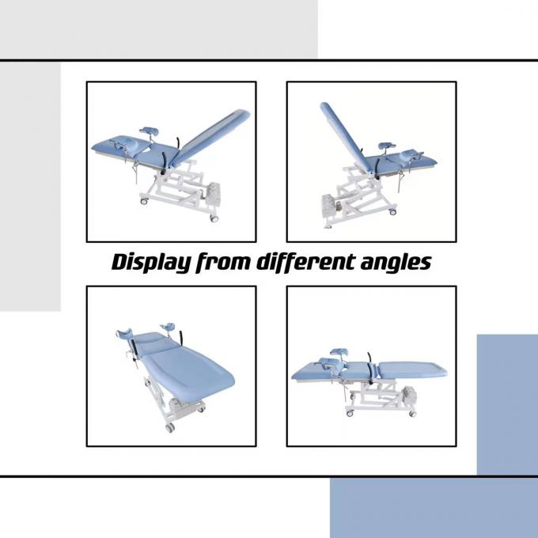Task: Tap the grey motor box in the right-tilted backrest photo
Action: tap(213, 193)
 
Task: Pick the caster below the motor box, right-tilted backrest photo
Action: tap(214, 218)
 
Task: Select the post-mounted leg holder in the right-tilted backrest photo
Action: tap(150, 131)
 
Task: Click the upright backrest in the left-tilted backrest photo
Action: tap(345, 137)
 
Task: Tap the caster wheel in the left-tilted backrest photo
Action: tap(393, 211)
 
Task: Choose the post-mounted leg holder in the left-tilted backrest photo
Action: tap(387, 147)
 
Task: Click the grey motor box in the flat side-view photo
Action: tap(410, 396)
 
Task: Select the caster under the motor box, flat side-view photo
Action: tap(412, 414)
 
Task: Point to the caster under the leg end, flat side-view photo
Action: tap(350, 414)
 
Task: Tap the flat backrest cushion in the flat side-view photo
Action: tap(412, 370)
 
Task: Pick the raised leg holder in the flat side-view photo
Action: tap(339, 351)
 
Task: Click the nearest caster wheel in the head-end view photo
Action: tap(170, 427)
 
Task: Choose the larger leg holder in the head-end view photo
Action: tap(124, 332)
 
